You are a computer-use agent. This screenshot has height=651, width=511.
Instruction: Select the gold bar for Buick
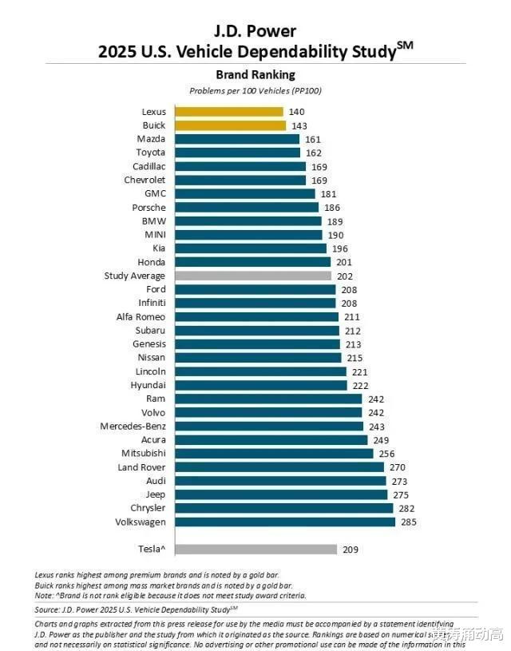[230, 125]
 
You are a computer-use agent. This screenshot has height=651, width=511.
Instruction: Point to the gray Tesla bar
[255, 549]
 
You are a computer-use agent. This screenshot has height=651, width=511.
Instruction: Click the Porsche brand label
[149, 208]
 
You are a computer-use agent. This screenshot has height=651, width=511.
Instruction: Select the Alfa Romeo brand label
[141, 317]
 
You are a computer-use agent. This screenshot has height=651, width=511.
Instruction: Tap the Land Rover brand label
[141, 467]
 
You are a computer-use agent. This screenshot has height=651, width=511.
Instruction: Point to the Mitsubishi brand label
[144, 453]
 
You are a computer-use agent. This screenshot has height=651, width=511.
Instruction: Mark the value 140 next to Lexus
[296, 112]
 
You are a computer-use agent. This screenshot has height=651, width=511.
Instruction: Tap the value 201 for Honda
[343, 262]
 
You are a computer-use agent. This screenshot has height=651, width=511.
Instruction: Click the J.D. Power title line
[255, 31]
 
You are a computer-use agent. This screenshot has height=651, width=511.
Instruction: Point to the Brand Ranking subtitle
[255, 75]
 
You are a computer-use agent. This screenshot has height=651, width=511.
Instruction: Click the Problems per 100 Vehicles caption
[255, 91]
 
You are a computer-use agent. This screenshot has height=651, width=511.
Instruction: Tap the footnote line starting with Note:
[171, 595]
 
